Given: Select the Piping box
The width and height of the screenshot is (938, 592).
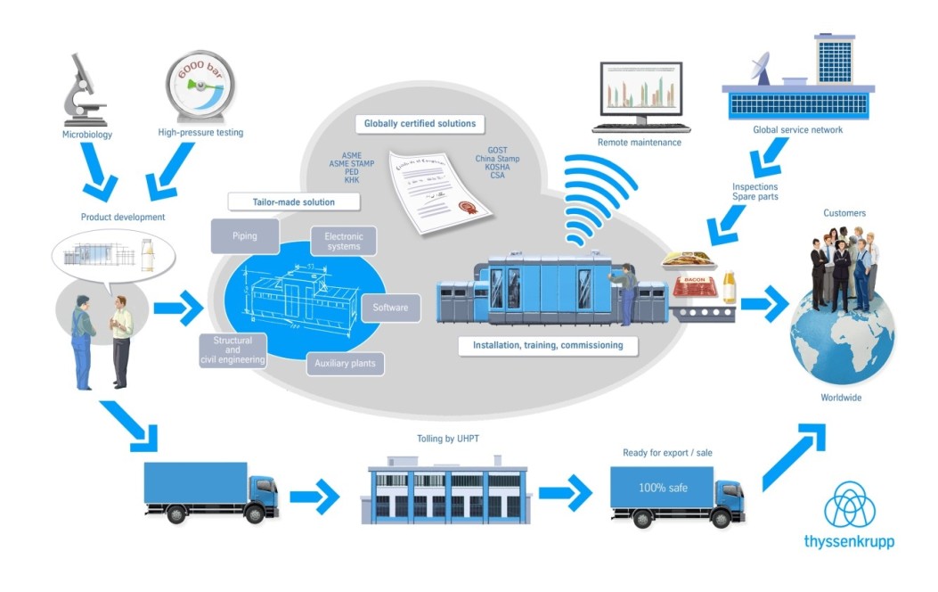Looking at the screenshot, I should [x=244, y=236].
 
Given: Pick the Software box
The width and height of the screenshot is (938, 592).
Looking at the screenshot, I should [x=390, y=308].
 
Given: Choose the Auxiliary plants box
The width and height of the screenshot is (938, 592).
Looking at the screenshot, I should [x=345, y=364].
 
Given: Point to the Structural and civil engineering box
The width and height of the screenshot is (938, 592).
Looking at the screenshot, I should [x=233, y=350].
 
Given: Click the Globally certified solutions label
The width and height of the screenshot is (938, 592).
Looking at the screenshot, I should [x=420, y=123].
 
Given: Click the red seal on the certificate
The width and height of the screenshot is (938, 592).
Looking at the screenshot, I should [x=463, y=210].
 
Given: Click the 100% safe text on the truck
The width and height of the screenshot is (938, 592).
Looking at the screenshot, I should [x=663, y=489].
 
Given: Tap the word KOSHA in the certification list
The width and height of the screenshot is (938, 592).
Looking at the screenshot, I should [x=497, y=167].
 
